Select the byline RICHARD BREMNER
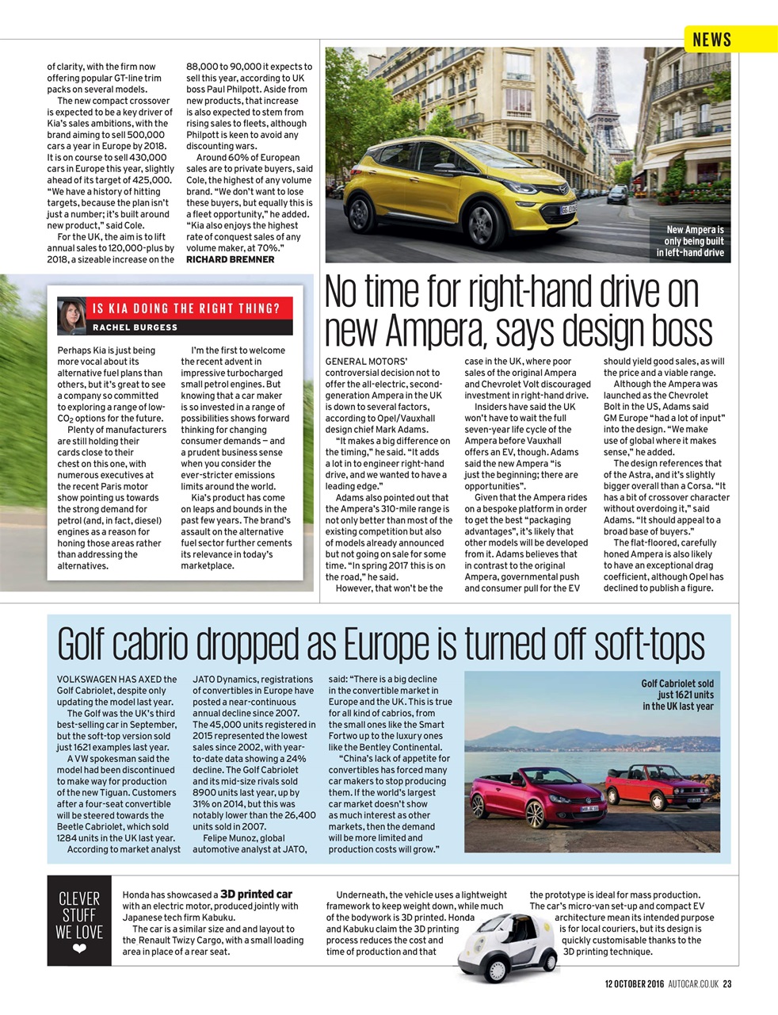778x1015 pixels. click(230, 259)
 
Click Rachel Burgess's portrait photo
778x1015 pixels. click(72, 316)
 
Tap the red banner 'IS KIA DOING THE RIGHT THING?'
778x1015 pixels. click(186, 308)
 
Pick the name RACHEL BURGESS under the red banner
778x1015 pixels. click(135, 327)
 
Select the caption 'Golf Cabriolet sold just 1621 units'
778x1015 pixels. click(677, 695)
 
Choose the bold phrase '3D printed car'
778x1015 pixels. click(256, 894)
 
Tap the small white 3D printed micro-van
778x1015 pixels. click(504, 949)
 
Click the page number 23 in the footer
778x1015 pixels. click(727, 984)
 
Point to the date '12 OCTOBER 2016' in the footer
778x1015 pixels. click(634, 984)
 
